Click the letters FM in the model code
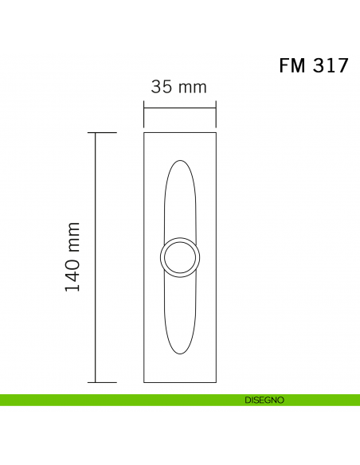point(292,65)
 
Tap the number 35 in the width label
point(162,87)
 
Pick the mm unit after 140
point(73,232)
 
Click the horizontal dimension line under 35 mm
point(180,107)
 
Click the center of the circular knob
point(180,257)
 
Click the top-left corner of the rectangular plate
point(145,133)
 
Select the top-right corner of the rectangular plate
point(216,133)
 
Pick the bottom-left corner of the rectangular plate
point(145,382)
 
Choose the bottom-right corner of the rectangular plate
point(216,382)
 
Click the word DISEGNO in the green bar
point(264,400)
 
